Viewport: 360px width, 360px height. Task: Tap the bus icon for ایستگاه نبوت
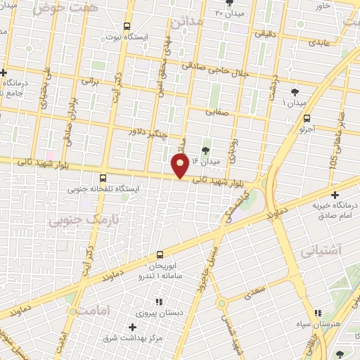tap(126, 24)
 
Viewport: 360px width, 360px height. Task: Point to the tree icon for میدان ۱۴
tap(206, 150)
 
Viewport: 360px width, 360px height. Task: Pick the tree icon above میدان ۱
tap(294, 91)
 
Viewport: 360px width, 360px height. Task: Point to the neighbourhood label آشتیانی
tap(320, 250)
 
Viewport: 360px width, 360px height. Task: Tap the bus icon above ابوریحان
tap(161, 255)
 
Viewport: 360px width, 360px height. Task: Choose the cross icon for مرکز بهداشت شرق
tap(132, 327)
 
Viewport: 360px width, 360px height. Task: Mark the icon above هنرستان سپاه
tap(317, 312)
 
